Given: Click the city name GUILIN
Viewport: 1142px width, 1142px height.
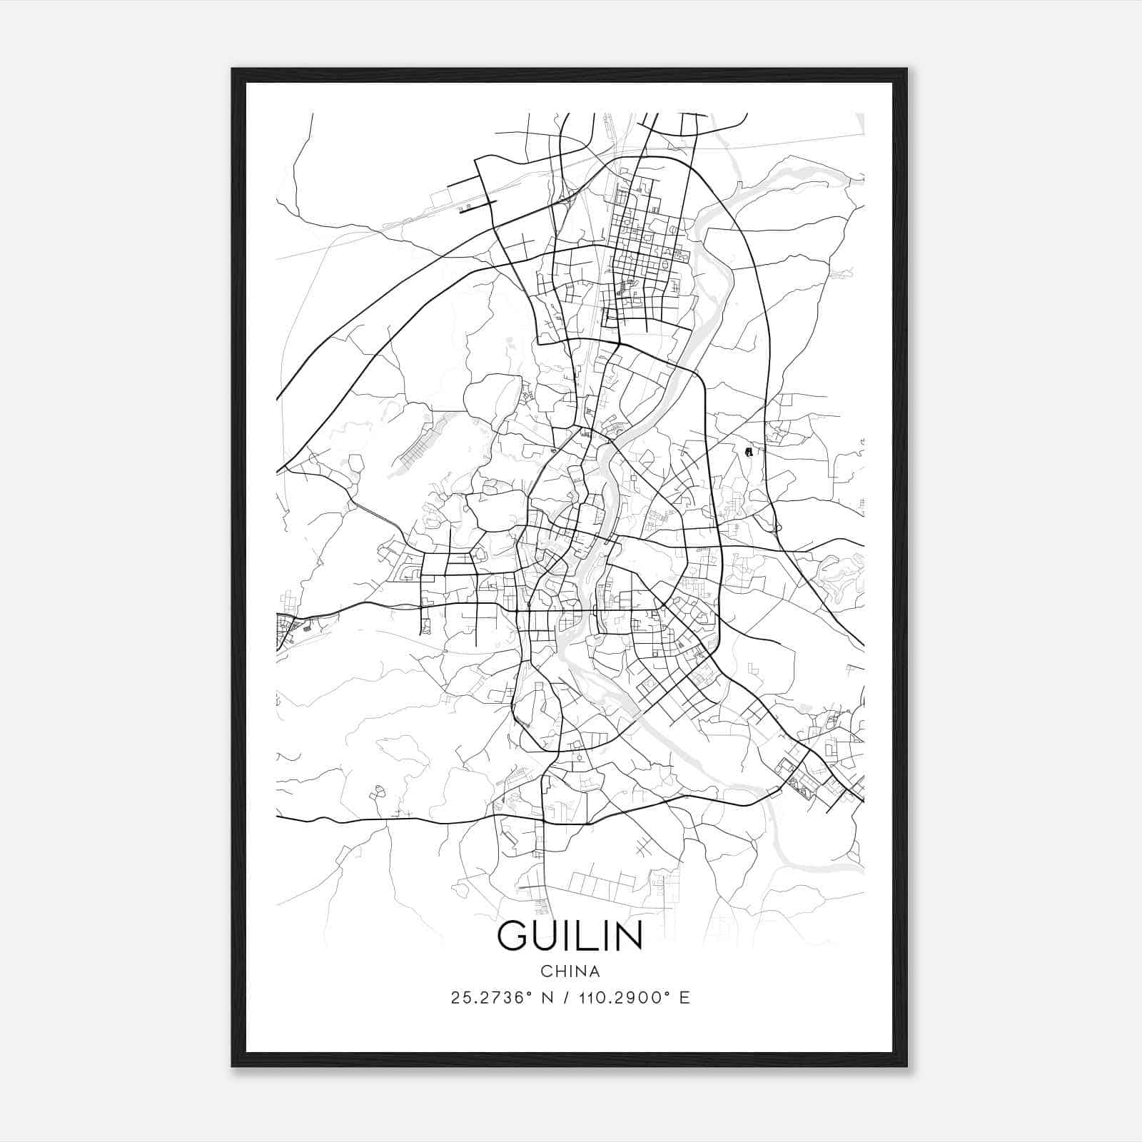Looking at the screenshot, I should tap(570, 935).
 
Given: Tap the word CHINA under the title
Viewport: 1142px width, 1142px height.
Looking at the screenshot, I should tap(570, 971).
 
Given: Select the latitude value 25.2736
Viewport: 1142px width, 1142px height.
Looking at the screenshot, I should tap(488, 998).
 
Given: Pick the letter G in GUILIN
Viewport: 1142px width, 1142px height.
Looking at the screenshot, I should tap(514, 935).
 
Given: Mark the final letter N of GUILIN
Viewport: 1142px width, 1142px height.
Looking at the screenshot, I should tap(627, 935).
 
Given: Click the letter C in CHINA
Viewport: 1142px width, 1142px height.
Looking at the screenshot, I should tap(546, 971).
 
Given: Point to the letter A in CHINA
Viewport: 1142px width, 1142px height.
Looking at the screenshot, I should tap(594, 971).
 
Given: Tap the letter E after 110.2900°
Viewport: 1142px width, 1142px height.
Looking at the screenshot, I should tap(684, 998).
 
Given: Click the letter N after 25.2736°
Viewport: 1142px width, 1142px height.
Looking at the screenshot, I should tap(548, 998).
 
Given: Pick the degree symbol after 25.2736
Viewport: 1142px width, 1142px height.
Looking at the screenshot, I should tap(530, 993).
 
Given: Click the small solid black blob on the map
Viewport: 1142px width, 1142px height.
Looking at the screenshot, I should tap(748, 452).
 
